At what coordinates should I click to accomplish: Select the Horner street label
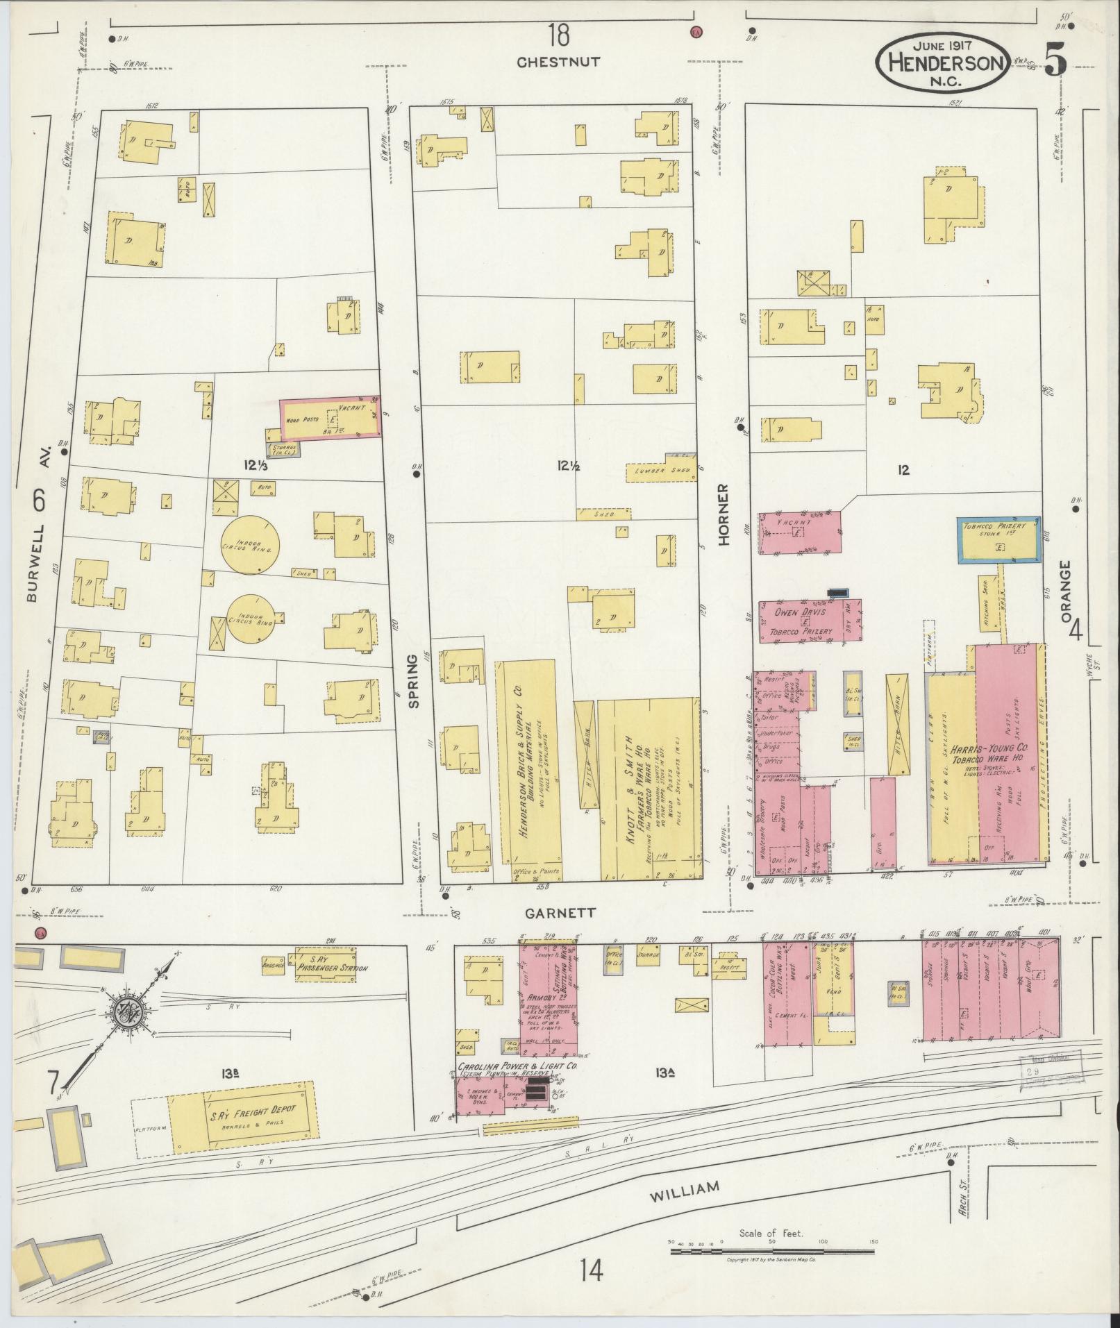point(724,515)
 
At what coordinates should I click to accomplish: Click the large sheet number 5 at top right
point(1055,62)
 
